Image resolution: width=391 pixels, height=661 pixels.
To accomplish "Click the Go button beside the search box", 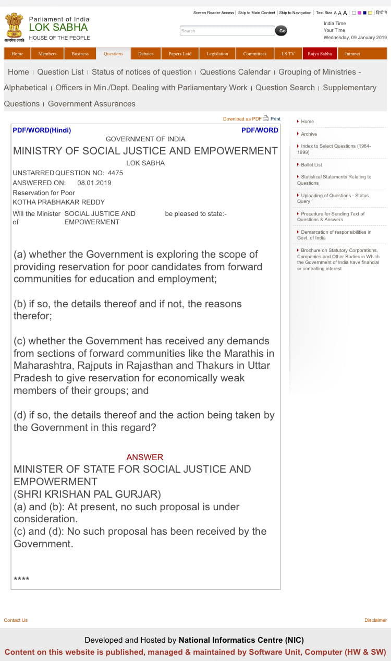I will pos(281,31).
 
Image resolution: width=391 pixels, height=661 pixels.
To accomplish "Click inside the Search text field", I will pos(227,31).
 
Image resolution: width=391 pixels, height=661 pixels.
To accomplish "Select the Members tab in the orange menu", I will pos(47,54).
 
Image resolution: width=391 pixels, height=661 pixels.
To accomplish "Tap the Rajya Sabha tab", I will pos(320,54).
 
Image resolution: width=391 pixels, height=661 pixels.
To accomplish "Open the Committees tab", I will pos(254,54).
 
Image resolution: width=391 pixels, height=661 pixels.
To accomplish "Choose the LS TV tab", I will pos(288,54).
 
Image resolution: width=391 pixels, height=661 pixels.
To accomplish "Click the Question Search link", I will pos(285,88).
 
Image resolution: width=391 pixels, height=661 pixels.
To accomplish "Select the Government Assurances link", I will pos(91,104).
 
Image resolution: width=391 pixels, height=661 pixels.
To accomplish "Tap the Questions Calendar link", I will pos(235,72).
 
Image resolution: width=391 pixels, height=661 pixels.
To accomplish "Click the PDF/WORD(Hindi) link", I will pos(42,130).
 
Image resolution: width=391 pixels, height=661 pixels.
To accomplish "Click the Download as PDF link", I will pos(242,119).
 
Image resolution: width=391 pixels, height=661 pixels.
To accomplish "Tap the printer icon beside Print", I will pos(266,118).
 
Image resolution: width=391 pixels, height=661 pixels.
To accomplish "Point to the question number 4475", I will pos(115,173).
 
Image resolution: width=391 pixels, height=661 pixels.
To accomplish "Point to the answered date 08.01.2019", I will pos(94,183).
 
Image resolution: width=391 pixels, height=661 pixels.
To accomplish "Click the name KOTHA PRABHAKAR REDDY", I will pos(58,202).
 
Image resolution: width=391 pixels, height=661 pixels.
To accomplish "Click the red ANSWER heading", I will pos(144,457).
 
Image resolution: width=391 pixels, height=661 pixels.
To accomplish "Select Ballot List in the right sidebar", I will pos(311,165).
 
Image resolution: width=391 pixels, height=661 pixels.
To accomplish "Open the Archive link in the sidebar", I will pos(309,134).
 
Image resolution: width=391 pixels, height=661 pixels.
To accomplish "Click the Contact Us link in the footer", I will pos(16,620).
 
